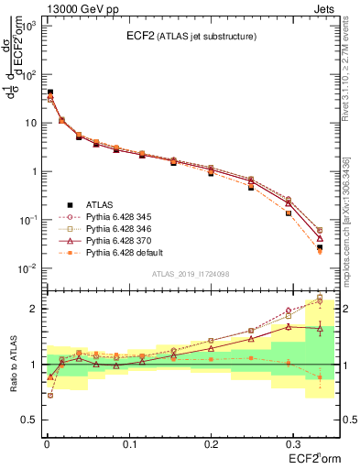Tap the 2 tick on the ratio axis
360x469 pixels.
tap(33, 309)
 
